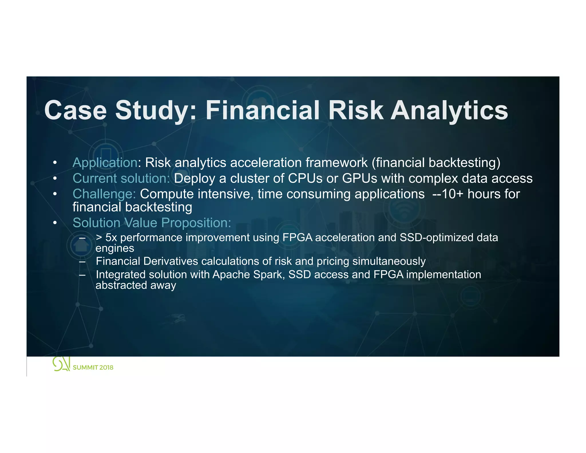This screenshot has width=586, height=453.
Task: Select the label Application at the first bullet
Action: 105,163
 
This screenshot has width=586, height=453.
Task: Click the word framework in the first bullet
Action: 336,163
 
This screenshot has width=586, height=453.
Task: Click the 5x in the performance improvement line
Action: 111,238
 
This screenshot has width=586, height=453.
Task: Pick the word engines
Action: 115,248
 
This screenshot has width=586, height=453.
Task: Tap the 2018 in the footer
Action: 106,367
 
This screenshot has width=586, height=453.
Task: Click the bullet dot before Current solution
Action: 55,179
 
